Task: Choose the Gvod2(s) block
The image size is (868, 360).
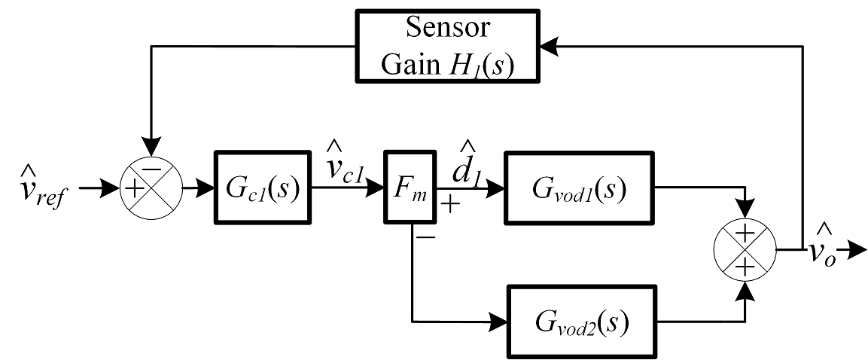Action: click(x=580, y=321)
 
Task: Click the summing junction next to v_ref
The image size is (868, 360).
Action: click(x=150, y=188)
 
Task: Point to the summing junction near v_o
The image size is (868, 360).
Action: click(x=745, y=250)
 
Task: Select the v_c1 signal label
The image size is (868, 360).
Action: click(x=346, y=164)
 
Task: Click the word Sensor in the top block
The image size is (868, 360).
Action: click(x=447, y=28)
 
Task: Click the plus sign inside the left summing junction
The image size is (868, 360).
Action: click(x=133, y=189)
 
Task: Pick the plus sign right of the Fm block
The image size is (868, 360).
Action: click(x=450, y=206)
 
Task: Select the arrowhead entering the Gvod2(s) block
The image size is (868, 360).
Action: click(x=499, y=321)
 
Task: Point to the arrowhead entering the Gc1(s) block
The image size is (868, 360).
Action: click(x=206, y=188)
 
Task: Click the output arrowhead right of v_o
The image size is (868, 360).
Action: click(x=857, y=248)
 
